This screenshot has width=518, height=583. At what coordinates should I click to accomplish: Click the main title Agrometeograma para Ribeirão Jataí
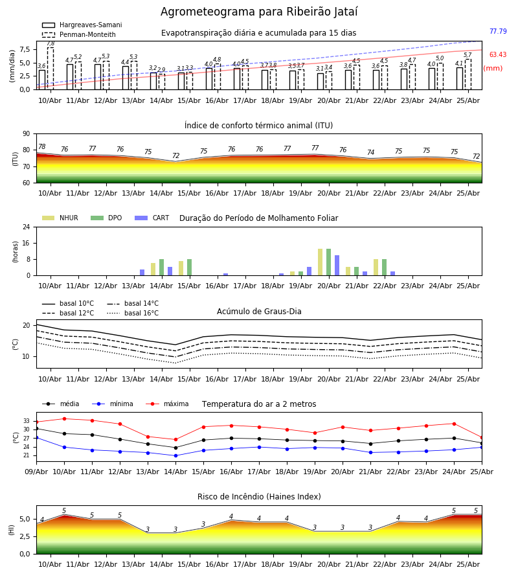click(259, 12)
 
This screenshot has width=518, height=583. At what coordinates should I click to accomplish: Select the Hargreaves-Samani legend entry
click(82, 25)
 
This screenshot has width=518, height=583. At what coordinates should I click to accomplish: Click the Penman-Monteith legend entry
click(79, 34)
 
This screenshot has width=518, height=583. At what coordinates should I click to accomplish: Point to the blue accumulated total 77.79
click(498, 31)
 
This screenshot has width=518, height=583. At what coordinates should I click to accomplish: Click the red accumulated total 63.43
click(498, 54)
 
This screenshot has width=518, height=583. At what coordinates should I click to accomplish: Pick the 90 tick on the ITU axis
click(27, 134)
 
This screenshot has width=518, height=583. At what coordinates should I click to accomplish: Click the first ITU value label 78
click(42, 147)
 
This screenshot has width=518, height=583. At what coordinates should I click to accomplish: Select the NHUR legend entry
click(60, 218)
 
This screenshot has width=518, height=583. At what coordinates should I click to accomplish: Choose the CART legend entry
click(152, 218)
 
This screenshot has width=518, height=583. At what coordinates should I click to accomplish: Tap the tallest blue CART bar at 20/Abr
click(337, 266)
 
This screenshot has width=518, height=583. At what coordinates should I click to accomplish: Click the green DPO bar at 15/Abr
click(190, 268)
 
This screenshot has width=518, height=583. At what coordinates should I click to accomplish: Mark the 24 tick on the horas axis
click(27, 227)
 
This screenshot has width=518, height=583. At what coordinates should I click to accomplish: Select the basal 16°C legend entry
click(133, 313)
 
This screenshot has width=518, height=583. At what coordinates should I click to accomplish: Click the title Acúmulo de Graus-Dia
click(259, 312)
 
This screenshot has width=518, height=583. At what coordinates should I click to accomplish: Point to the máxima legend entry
click(168, 404)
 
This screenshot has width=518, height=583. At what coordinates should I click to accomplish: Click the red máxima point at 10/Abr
click(64, 418)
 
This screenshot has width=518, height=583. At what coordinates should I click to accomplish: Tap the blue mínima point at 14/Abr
click(175, 455)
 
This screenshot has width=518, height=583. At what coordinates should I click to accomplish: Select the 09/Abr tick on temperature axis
click(36, 472)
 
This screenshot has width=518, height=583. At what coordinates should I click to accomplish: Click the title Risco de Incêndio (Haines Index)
click(259, 497)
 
